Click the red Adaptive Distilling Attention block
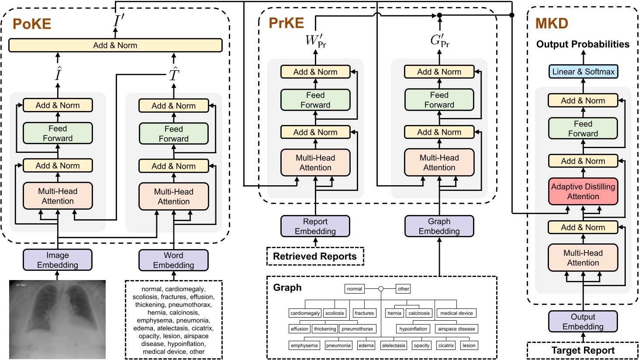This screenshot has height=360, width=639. (583, 191)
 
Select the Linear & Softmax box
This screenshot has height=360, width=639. (583, 72)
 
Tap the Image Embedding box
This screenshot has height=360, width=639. (58, 260)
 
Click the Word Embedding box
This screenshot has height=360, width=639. (173, 260)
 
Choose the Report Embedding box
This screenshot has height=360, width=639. (315, 226)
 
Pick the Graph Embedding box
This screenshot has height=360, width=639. (439, 226)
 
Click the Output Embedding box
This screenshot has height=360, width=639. (583, 322)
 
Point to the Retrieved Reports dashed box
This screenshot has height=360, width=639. (315, 256)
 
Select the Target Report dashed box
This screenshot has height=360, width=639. (583, 350)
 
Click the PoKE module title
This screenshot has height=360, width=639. (32, 24)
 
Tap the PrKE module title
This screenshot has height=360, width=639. (286, 23)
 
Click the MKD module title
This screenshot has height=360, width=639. (552, 23)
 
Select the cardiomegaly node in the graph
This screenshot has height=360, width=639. (305, 313)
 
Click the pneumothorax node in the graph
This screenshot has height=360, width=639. (357, 329)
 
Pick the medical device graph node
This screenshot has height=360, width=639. (456, 313)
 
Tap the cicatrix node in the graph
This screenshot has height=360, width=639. (446, 346)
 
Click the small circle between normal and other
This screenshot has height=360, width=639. (381, 289)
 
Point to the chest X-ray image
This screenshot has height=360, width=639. (58, 319)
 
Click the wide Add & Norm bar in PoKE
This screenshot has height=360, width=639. (115, 45)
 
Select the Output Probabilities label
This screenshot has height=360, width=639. (583, 44)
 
